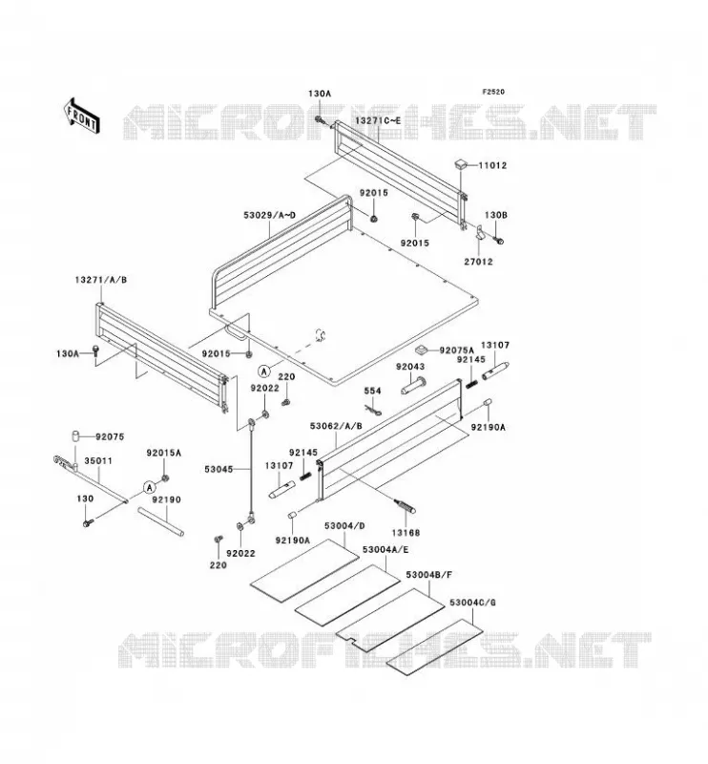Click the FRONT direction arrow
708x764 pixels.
click(82, 116)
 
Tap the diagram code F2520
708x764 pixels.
click(493, 92)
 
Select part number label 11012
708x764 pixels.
click(492, 165)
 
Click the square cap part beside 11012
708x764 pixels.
click(462, 162)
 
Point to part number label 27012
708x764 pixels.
click(478, 262)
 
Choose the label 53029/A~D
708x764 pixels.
click(270, 215)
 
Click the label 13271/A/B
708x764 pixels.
click(101, 280)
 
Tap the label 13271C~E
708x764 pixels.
click(378, 120)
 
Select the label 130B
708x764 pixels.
click(496, 215)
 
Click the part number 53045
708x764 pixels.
click(219, 469)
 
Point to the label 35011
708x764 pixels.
click(98, 460)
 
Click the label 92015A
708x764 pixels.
click(164, 453)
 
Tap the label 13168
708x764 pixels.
click(406, 533)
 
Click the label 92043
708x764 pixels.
click(410, 367)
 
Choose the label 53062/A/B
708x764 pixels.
click(336, 426)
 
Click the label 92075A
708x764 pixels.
click(457, 350)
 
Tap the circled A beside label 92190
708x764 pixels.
click(150, 487)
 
